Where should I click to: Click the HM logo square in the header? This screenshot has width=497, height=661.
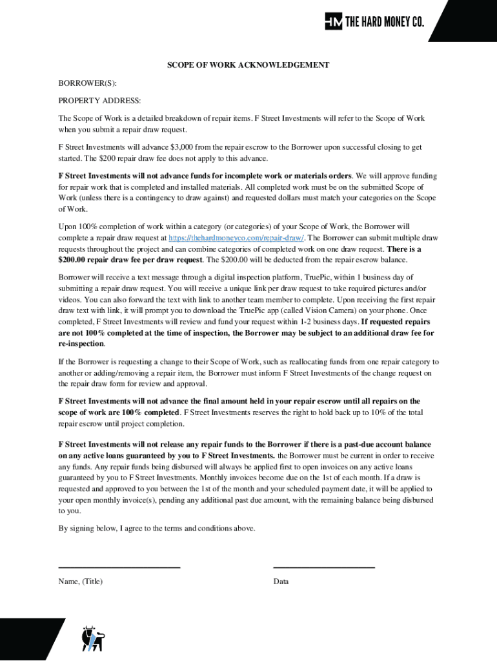pyautogui.click(x=334, y=21)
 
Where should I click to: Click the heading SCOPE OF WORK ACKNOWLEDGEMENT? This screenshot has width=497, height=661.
pyautogui.click(x=249, y=65)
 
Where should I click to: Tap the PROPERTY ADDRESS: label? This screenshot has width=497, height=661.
pyautogui.click(x=99, y=101)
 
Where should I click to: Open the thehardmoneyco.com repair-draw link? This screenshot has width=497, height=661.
pyautogui.click(x=236, y=238)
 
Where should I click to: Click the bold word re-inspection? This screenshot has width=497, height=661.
pyautogui.click(x=81, y=344)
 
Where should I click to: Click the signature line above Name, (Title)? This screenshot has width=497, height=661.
pyautogui.click(x=119, y=567)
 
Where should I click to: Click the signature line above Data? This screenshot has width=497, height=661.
pyautogui.click(x=324, y=567)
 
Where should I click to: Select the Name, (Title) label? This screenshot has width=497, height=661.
pyautogui.click(x=80, y=582)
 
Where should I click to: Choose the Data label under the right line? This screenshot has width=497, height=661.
pyautogui.click(x=281, y=582)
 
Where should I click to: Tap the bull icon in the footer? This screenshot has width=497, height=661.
pyautogui.click(x=92, y=638)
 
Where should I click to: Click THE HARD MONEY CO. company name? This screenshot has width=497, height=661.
pyautogui.click(x=385, y=22)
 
